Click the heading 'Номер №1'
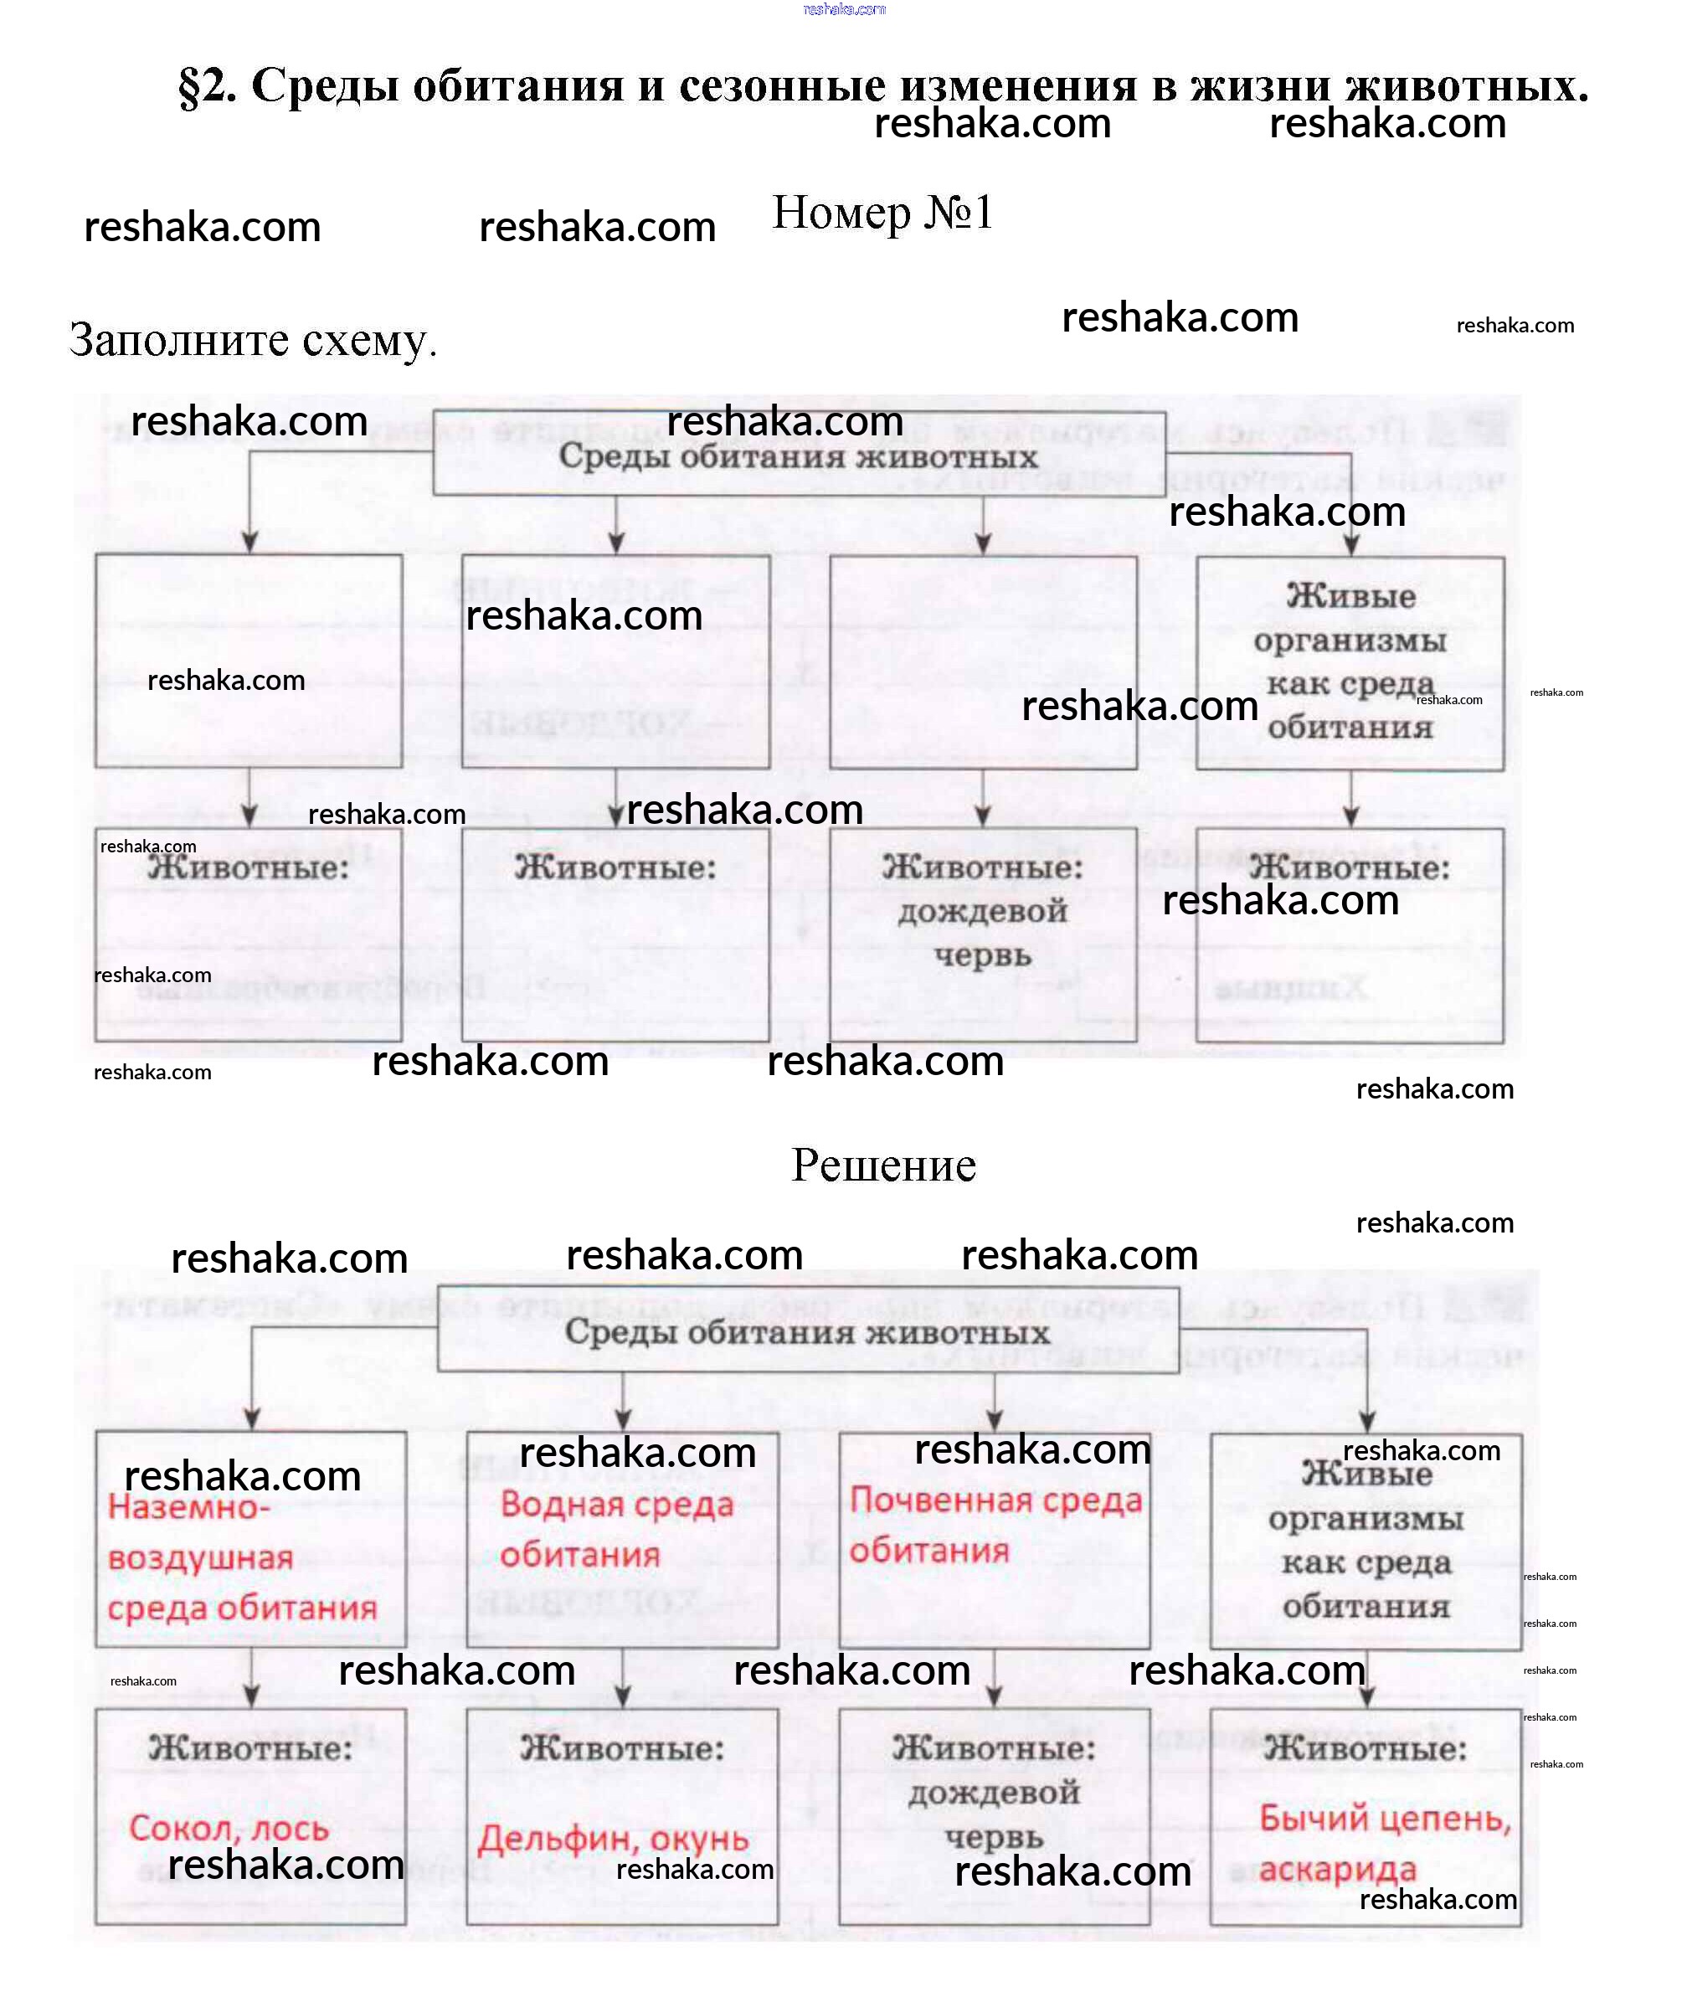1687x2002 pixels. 882,213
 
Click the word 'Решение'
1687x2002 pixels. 883,1165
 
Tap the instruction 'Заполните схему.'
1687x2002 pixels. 253,340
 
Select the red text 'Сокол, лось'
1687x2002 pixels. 229,1828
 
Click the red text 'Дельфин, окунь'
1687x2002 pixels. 613,1839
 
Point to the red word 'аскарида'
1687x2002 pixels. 1337,1868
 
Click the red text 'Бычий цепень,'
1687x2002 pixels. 1385,1818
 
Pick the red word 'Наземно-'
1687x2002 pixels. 188,1507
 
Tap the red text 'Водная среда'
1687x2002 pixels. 617,1505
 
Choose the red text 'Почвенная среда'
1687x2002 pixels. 995,1500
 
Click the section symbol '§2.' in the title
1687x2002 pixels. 207,87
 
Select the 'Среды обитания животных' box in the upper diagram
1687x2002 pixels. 799,455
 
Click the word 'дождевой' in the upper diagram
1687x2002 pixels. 982,911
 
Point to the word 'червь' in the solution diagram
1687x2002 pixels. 993,1836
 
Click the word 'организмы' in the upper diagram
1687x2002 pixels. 1350,641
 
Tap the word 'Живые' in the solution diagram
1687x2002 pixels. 1366,1474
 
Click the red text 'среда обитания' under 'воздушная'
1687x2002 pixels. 242,1608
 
